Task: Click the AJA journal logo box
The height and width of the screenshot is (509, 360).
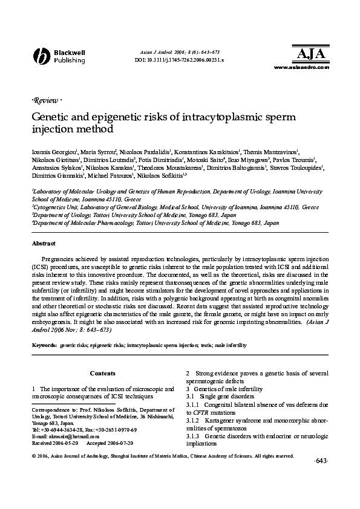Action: (312, 54)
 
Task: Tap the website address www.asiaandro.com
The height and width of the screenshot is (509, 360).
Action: (302, 68)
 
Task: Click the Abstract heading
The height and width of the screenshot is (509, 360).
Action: (43, 244)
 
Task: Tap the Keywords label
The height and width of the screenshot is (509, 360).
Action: (44, 345)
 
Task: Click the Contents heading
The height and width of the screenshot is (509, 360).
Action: (102, 374)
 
